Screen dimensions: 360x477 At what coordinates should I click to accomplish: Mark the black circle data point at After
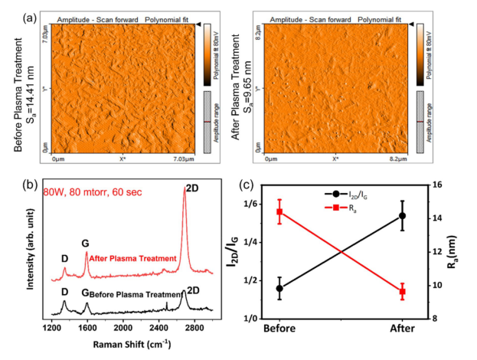[x=402, y=216]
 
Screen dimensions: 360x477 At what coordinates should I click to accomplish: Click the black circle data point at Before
[x=279, y=289]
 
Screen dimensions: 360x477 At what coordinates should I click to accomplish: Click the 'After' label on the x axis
[x=402, y=329]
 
